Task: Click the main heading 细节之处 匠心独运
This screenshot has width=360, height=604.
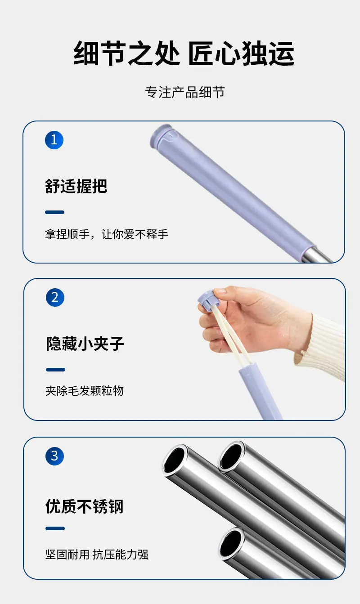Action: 184,53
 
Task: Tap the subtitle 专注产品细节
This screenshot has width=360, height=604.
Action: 185,92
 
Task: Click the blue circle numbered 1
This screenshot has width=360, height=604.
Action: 54,140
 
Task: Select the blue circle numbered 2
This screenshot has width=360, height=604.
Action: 55,297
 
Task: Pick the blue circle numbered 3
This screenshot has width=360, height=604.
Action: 54,456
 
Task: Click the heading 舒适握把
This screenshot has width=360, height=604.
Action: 76,186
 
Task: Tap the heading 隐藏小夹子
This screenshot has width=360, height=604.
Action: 85,344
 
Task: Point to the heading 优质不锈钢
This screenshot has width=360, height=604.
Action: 85,506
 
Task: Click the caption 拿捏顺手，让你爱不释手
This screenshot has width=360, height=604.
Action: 107,234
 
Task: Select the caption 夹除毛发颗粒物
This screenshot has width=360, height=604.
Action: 85,391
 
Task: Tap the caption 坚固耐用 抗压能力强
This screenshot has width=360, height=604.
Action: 97,555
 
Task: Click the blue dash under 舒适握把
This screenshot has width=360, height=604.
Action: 54,212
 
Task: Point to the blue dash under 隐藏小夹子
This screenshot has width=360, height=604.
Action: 56,369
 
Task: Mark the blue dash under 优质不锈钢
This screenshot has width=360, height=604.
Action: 55,528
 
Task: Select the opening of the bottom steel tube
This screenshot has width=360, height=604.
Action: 231,542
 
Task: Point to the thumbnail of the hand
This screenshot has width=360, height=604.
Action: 220,291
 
